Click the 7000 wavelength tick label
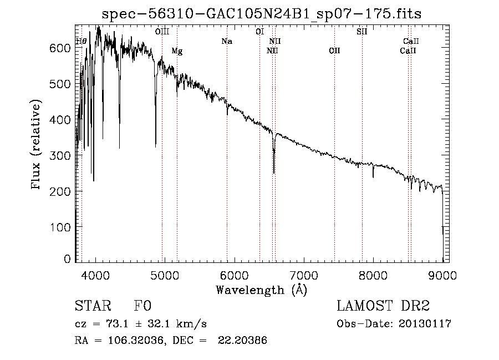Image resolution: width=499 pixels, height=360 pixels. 304,276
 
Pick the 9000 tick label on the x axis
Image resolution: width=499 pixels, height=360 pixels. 442,276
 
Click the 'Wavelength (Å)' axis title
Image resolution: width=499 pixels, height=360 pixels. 261,290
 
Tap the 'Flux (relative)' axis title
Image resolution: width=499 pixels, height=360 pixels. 37,145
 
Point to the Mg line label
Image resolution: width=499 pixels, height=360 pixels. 177,52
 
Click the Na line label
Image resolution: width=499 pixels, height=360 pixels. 226,41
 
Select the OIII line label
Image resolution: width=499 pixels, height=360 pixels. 162,32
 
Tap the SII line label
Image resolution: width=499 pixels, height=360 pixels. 361,32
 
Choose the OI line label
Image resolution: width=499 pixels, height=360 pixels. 259,32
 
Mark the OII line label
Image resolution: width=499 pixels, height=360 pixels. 334,51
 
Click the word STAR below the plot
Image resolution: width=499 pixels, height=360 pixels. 90,307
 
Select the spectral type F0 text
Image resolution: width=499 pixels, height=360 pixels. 142,307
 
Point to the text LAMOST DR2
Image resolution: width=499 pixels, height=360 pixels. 383,307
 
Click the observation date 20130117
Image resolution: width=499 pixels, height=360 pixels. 426,324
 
